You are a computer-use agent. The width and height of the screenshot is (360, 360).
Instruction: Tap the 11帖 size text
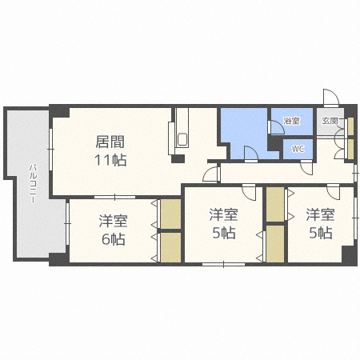[x=110, y=159]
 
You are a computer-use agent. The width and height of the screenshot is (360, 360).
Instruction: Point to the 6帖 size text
[x=113, y=238]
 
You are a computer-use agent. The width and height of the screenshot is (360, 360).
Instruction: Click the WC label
[x=298, y=149]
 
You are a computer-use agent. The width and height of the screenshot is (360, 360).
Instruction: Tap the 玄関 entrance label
[x=330, y=122]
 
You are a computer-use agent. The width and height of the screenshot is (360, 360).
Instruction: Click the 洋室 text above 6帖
[x=113, y=220]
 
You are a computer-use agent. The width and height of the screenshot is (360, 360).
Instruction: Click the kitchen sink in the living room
[x=182, y=139]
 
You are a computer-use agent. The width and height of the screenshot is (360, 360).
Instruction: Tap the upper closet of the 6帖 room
[x=170, y=214]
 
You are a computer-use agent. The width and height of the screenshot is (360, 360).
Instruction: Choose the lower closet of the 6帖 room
[x=170, y=246]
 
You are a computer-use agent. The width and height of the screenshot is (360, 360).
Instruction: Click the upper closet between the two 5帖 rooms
[x=274, y=205]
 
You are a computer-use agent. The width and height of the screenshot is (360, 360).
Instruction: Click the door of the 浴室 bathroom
[x=274, y=125]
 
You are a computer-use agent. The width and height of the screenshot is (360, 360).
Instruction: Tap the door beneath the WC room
[x=306, y=166]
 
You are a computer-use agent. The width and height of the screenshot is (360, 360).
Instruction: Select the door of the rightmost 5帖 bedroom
[x=332, y=191]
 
